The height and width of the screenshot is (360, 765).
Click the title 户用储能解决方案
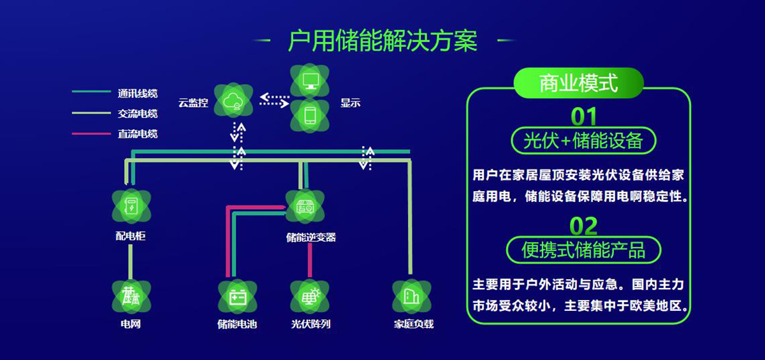382,41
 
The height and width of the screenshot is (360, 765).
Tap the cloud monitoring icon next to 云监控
233,101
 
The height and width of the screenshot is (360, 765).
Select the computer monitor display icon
310,81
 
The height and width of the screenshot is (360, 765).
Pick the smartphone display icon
310,115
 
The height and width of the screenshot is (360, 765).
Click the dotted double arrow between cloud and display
274,100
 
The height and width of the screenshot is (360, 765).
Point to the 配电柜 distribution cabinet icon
131,206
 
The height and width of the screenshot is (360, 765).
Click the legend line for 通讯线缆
91,92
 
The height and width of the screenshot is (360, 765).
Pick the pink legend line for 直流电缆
91,133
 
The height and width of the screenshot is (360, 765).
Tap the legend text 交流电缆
137,113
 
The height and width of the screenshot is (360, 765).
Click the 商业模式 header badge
579,83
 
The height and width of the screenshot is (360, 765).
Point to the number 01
583,117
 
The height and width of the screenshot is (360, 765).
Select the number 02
583,226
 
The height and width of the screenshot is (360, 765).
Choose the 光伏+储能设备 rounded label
583,141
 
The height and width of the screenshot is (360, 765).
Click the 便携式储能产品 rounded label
583,250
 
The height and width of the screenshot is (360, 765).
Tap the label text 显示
350,103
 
